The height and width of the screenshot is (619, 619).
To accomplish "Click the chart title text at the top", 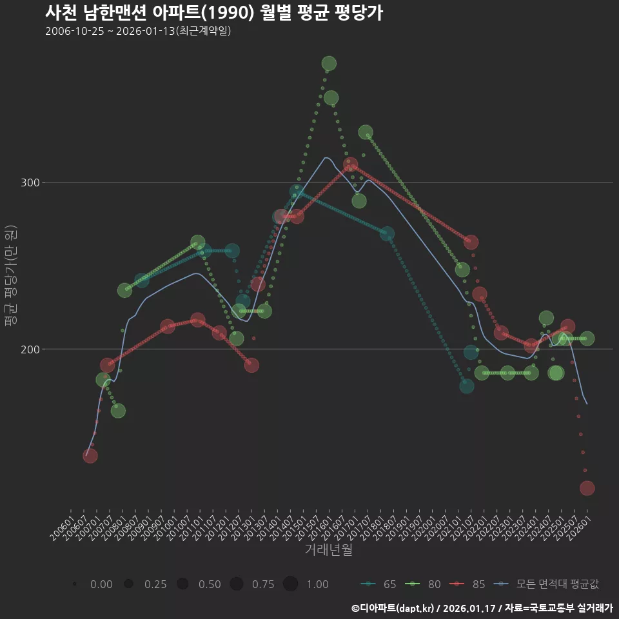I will (214, 13).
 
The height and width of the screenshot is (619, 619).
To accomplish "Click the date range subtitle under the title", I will (138, 31).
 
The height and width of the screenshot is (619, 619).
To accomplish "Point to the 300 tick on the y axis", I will (32, 182).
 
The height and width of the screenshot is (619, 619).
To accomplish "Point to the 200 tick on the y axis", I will (32, 349).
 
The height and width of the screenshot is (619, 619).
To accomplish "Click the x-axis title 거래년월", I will (328, 550).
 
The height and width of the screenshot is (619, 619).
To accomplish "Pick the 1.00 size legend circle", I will (290, 584).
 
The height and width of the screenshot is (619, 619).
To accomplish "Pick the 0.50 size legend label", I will (210, 584).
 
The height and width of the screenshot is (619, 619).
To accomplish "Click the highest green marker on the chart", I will (329, 63).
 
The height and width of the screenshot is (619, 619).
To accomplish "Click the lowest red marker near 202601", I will (587, 488).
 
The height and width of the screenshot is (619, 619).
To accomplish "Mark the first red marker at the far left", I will (90, 456).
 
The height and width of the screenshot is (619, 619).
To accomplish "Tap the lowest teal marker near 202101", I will (466, 386).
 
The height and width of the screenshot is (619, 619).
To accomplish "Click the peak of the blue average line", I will (326, 157).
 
